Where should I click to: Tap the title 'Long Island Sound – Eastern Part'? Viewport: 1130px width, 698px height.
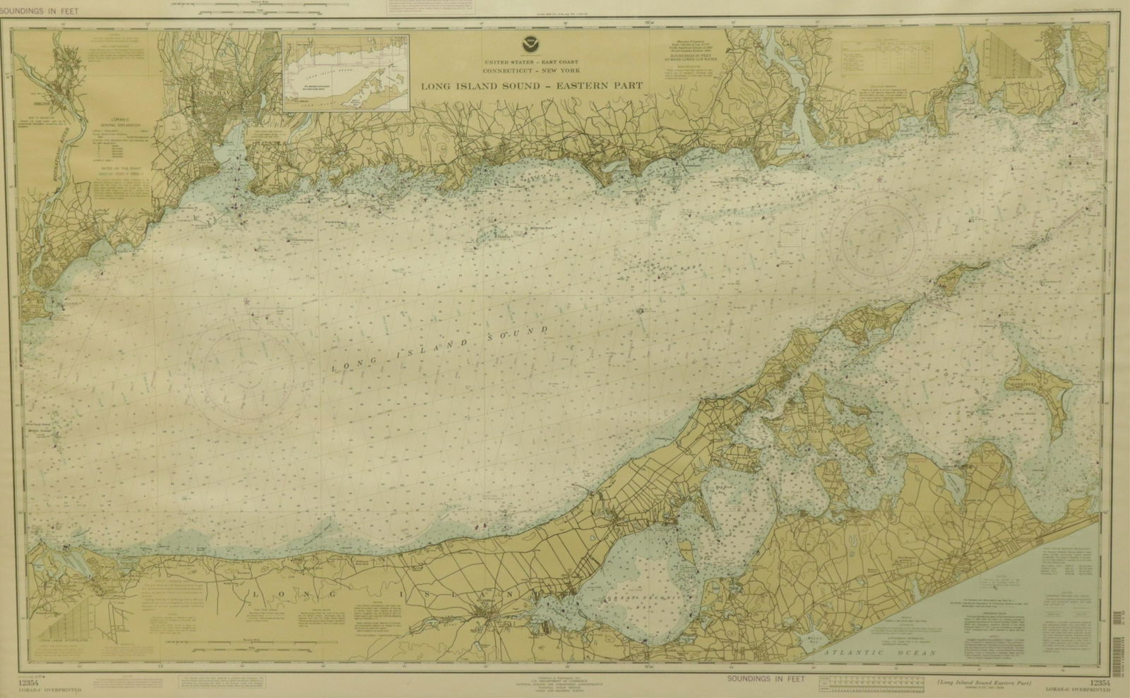click(x=531, y=86)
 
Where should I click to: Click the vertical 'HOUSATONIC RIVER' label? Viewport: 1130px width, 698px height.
click(x=31, y=174)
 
